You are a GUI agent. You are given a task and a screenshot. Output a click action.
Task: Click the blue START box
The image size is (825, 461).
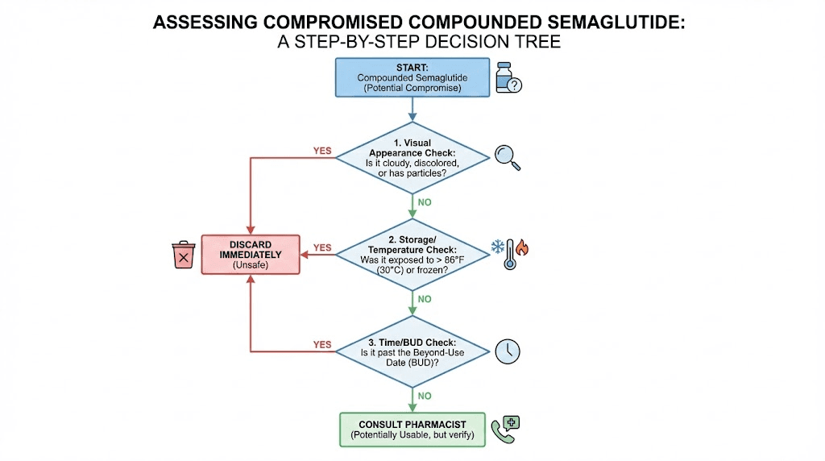412,77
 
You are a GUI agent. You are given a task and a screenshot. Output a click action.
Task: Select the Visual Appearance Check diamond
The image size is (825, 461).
412,157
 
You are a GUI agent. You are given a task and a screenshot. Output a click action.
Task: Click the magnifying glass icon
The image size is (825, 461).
508,157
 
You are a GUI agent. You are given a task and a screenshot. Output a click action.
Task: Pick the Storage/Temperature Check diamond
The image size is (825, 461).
412,254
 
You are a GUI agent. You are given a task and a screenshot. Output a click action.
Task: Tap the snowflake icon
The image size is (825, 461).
499,246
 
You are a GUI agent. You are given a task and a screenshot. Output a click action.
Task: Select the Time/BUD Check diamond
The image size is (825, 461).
412,351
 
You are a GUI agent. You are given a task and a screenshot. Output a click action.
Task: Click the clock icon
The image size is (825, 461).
508,351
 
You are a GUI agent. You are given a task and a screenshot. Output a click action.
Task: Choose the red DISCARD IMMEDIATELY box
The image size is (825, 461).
251,254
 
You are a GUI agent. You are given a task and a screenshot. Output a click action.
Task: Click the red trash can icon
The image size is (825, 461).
184,255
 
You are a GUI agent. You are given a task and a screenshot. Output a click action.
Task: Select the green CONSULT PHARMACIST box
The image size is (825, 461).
413,430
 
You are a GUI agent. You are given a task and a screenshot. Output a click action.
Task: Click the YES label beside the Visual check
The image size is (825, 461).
321,151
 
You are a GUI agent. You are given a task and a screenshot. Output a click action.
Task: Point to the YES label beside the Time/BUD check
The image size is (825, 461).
321,345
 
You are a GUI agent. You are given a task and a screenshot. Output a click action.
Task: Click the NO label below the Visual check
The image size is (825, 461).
425,201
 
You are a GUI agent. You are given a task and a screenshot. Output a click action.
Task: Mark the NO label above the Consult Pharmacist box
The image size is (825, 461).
425,396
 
